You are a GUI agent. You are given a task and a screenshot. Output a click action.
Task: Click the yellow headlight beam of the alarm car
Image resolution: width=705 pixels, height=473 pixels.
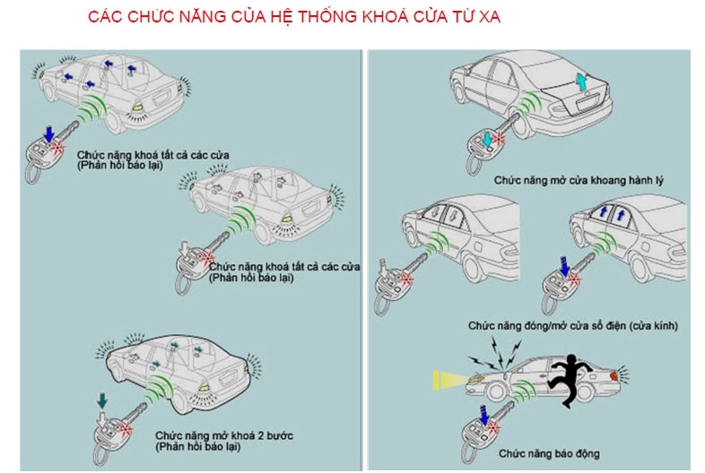tap(449, 380)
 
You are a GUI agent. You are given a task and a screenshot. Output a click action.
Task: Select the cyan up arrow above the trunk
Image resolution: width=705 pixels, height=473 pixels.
tap(581, 82)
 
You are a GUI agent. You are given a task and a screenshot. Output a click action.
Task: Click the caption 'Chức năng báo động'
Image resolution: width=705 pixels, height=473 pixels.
tap(549, 453)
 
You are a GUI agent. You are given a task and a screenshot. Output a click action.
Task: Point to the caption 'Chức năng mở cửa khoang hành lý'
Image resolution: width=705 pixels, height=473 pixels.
tap(579, 181)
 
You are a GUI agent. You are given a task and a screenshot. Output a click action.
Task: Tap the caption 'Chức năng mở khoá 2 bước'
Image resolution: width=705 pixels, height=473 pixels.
tap(224, 435)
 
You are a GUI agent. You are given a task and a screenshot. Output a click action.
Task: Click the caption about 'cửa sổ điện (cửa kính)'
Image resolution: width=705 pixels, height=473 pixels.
tap(573, 326)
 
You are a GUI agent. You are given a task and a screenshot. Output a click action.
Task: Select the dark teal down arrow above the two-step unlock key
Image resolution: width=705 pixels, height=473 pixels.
tap(102, 400)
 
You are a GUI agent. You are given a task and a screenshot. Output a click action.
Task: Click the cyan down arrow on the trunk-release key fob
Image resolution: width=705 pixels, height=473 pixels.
tap(487, 139)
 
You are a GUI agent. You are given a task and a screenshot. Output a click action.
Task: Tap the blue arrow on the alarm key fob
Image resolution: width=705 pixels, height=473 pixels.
tap(483, 415)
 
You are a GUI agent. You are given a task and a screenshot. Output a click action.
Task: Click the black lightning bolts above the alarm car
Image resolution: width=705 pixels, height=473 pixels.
tap(497, 354)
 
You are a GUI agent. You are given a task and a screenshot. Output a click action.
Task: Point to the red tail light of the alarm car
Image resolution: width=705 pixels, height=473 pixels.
tap(614, 375)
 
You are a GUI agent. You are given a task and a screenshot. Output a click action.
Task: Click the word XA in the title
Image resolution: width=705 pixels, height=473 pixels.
tap(490, 16)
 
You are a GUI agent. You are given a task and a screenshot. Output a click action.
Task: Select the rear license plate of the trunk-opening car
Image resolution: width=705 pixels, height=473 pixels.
tap(586, 104)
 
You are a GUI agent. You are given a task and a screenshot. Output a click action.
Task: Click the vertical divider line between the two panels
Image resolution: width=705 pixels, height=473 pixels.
tap(361, 260)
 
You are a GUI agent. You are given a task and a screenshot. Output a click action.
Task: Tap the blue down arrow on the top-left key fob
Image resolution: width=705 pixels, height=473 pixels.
tap(49, 133)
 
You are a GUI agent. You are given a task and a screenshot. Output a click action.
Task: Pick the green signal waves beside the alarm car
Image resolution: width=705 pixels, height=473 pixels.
tap(523, 390)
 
